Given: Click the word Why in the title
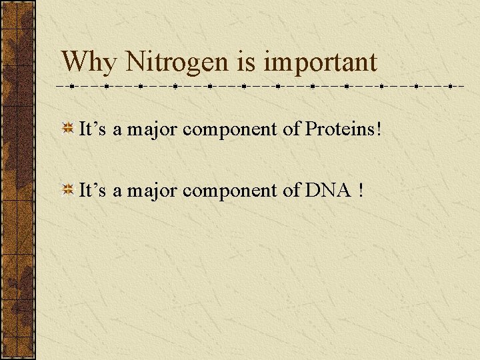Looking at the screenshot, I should pos(89,63).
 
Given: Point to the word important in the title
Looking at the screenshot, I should pos(320,63).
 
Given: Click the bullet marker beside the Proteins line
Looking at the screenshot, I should pos(67,129).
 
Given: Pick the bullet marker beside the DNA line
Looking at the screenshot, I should pos(67,191).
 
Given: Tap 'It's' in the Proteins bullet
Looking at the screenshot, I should pos(93,129).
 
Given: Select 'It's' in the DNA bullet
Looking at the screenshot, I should pos(93,191).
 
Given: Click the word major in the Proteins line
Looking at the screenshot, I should pos(152,129).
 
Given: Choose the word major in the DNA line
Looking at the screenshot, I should pos(152,191).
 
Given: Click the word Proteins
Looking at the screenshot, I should pos(340,129).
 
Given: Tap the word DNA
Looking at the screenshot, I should pos(327,191).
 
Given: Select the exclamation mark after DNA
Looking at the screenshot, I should pos(361,191).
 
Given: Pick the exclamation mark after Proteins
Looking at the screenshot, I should pos(379,129).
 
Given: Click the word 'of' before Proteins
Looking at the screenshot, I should pos(291,129).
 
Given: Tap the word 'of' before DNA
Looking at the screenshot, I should pos(291,191).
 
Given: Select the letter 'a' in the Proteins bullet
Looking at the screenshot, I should pos(117,131).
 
